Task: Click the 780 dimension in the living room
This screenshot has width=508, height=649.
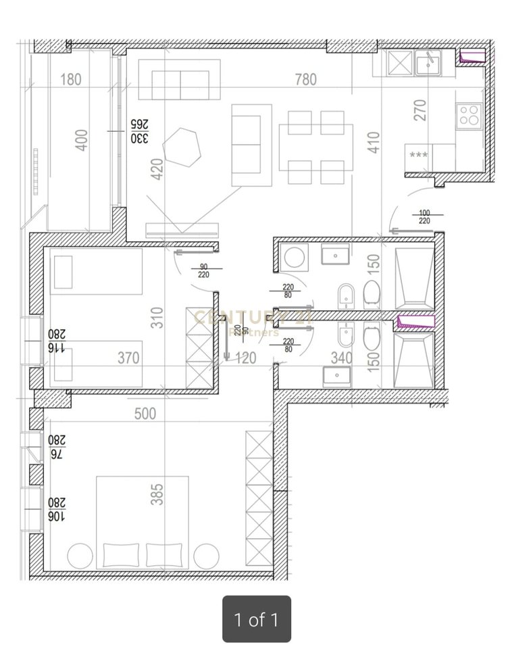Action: [x=305, y=80]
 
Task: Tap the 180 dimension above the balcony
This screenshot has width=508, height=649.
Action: [x=70, y=80]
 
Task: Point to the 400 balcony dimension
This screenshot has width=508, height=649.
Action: [x=81, y=140]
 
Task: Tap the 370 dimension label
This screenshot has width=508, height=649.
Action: [x=128, y=358]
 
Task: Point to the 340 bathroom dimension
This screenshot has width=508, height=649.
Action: [x=342, y=358]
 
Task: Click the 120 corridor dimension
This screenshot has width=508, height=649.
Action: [x=245, y=358]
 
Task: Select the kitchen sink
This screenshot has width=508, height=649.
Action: [x=428, y=64]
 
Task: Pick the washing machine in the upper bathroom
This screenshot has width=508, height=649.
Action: [x=295, y=257]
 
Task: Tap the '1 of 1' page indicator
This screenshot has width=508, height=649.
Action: [x=257, y=619]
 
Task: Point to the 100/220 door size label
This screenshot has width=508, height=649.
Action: [x=425, y=216]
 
